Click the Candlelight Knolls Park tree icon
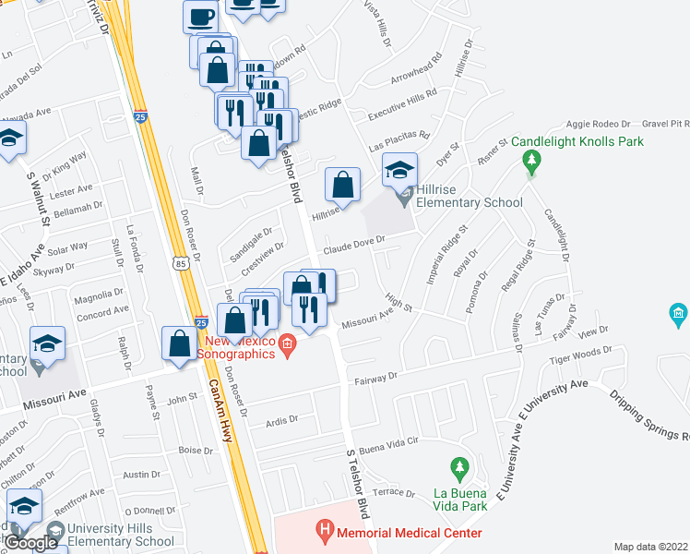coord(530,163)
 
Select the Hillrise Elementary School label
coord(469,202)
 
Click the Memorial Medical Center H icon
coord(324,531)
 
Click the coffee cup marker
coord(200,16)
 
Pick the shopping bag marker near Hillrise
coord(342,185)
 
